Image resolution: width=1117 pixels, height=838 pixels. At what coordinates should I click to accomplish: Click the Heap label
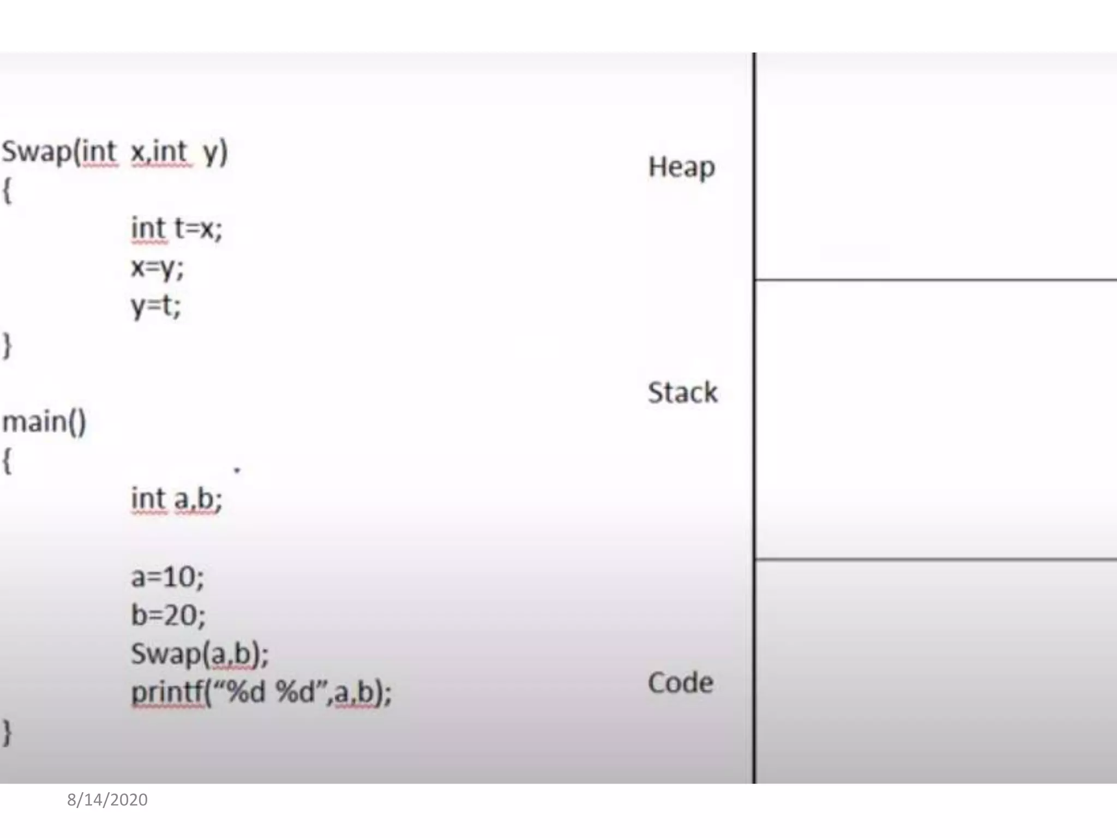[x=681, y=166]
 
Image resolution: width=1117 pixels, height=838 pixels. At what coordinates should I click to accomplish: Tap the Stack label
[x=682, y=392]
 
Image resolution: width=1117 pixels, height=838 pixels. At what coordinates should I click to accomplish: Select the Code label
[x=681, y=683]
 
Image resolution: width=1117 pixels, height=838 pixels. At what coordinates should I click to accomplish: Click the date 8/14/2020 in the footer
[x=107, y=800]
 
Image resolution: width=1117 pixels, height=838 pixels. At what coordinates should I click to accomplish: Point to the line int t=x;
[x=176, y=228]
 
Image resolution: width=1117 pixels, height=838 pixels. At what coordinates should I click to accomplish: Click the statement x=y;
[x=157, y=267]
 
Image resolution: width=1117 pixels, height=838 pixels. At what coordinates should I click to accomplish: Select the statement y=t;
[x=155, y=306]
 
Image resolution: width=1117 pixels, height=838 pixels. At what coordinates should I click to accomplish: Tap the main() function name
[x=44, y=422]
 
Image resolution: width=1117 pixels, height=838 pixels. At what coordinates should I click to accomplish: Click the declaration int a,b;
[x=176, y=499]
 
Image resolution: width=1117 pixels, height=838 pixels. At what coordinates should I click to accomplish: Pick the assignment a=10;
[x=167, y=577]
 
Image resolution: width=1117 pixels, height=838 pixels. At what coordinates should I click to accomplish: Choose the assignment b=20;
[x=169, y=615]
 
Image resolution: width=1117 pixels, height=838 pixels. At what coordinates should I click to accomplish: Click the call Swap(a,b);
[x=200, y=654]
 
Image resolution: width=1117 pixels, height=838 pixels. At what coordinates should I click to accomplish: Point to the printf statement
[x=261, y=692]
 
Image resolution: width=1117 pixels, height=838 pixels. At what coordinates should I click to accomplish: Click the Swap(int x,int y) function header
[x=115, y=152]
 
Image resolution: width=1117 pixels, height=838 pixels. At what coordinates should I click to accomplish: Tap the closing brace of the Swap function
[x=7, y=345]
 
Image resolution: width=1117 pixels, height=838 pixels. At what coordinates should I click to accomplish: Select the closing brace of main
[x=7, y=732]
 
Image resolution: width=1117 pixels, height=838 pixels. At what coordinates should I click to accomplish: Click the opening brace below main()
[x=7, y=462]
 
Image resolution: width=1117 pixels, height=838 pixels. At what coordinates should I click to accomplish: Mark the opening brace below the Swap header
[x=7, y=190]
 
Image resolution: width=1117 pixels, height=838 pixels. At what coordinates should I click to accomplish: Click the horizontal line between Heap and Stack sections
[x=935, y=280]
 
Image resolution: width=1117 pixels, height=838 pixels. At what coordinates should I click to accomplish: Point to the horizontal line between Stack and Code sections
[x=935, y=559]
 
